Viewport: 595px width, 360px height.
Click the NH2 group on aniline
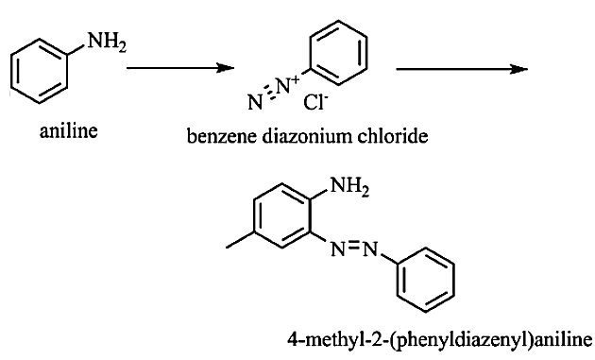point(107,42)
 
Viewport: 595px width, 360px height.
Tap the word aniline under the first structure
point(69,131)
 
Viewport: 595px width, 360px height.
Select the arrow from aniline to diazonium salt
point(180,68)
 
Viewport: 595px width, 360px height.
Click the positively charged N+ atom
point(288,85)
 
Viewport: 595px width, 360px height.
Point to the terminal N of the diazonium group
point(255,102)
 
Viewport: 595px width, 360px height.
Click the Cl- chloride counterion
point(315,102)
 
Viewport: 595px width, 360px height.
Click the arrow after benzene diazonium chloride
point(462,69)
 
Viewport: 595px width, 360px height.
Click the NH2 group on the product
point(349,187)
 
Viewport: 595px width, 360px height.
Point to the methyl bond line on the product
point(240,240)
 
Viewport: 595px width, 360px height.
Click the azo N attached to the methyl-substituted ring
point(338,249)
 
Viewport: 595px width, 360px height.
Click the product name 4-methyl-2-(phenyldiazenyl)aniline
point(440,339)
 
